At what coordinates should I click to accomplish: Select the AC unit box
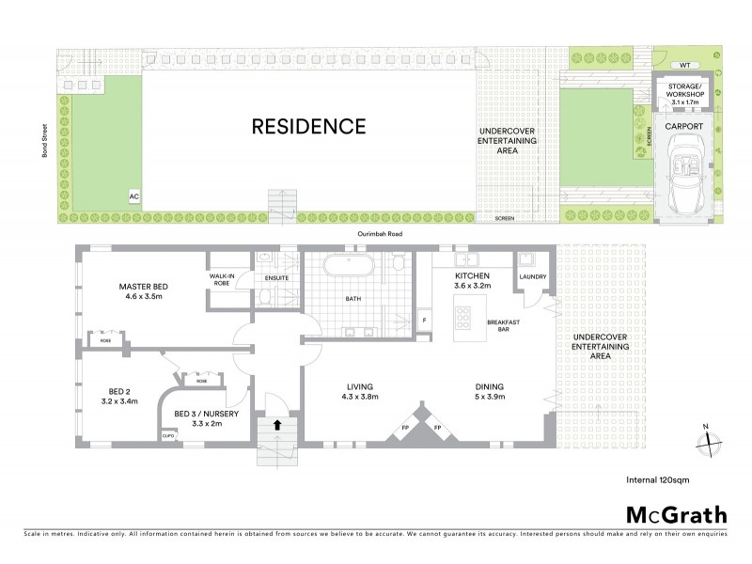[134, 196]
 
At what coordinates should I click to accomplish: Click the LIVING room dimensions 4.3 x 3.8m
[360, 397]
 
